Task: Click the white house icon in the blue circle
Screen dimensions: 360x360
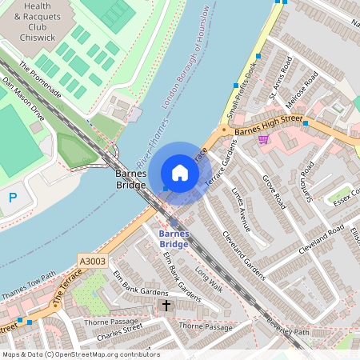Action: [180, 173]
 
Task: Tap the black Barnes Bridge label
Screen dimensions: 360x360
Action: [131, 179]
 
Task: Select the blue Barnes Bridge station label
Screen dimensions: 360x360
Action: [174, 238]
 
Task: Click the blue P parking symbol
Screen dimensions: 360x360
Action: [12, 198]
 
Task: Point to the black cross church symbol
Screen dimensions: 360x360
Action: [166, 306]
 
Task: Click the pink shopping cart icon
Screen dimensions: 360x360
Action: [263, 139]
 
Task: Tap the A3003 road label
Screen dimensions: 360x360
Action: [93, 259]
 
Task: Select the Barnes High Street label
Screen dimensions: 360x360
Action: [267, 120]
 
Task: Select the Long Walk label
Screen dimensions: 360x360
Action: [208, 279]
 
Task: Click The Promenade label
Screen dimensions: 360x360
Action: [40, 80]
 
